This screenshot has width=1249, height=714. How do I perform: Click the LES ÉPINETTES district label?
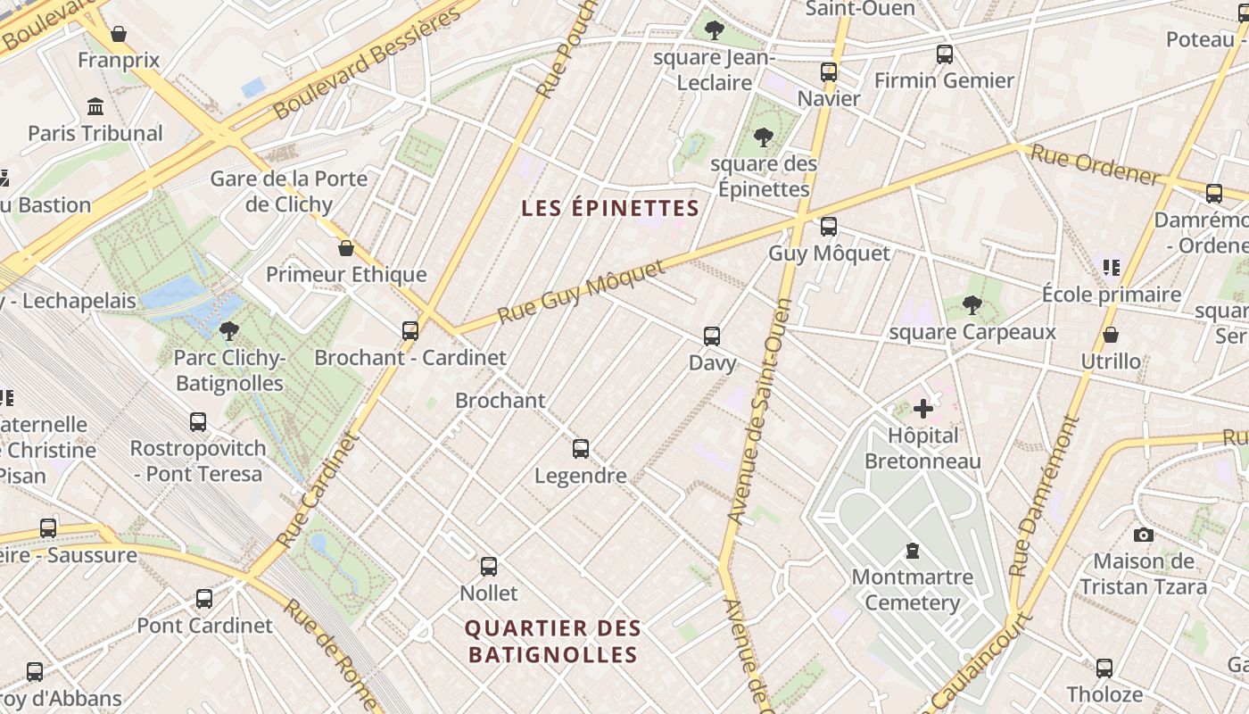click(609, 208)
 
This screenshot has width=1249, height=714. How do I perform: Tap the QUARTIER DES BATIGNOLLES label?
click(553, 641)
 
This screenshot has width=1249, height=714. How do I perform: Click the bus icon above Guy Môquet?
click(829, 227)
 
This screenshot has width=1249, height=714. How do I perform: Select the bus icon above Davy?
click(711, 336)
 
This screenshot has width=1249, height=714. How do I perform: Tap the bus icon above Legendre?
click(581, 449)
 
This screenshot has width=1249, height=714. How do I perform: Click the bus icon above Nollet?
click(488, 566)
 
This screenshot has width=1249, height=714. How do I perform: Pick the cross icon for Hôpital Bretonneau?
click(922, 410)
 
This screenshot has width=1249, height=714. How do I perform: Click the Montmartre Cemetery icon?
click(912, 551)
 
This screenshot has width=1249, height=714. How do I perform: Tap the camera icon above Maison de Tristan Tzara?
click(1143, 535)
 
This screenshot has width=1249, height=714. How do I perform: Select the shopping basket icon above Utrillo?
click(1110, 335)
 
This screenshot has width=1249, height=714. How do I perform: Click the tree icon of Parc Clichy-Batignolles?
click(228, 331)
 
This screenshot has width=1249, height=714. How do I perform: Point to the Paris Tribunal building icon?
click(95, 107)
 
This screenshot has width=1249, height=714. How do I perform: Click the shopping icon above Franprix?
click(118, 34)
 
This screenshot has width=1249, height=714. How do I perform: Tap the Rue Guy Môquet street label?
click(582, 292)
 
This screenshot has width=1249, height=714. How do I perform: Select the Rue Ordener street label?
click(1096, 166)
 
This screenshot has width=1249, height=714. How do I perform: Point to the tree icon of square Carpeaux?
click(972, 306)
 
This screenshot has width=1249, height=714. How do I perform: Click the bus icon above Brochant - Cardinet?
click(409, 331)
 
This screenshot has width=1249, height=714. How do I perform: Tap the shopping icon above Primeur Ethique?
click(345, 248)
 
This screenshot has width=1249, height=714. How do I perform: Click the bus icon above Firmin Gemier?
click(944, 54)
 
